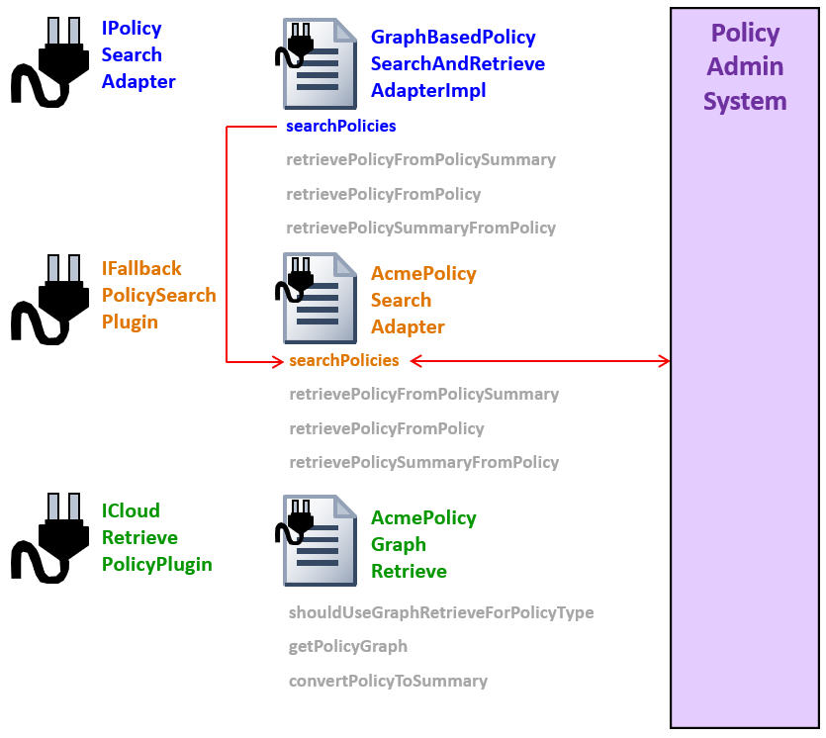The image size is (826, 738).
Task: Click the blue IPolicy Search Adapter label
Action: tap(138, 55)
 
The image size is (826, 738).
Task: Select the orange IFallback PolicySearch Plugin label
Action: tap(158, 295)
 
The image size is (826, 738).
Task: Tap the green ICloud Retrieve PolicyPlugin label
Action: tap(156, 538)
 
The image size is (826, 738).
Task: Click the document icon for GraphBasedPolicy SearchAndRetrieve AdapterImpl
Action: tap(318, 63)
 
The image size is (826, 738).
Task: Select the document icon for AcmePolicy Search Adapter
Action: tap(318, 298)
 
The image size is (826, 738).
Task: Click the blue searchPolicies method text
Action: tap(340, 127)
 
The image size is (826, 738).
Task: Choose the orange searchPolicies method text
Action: tap(344, 361)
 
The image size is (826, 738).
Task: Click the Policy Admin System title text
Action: tap(745, 67)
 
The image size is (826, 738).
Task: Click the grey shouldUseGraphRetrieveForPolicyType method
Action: tap(441, 613)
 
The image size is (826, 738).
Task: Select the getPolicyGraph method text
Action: tap(348, 647)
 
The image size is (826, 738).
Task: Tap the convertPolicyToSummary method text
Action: tap(388, 682)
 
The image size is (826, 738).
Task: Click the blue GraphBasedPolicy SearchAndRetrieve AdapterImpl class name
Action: tap(457, 64)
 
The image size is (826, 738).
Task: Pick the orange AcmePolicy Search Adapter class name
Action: tap(423, 300)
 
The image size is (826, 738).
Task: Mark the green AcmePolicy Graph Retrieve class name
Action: tap(423, 544)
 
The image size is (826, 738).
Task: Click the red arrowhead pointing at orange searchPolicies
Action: tap(277, 362)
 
